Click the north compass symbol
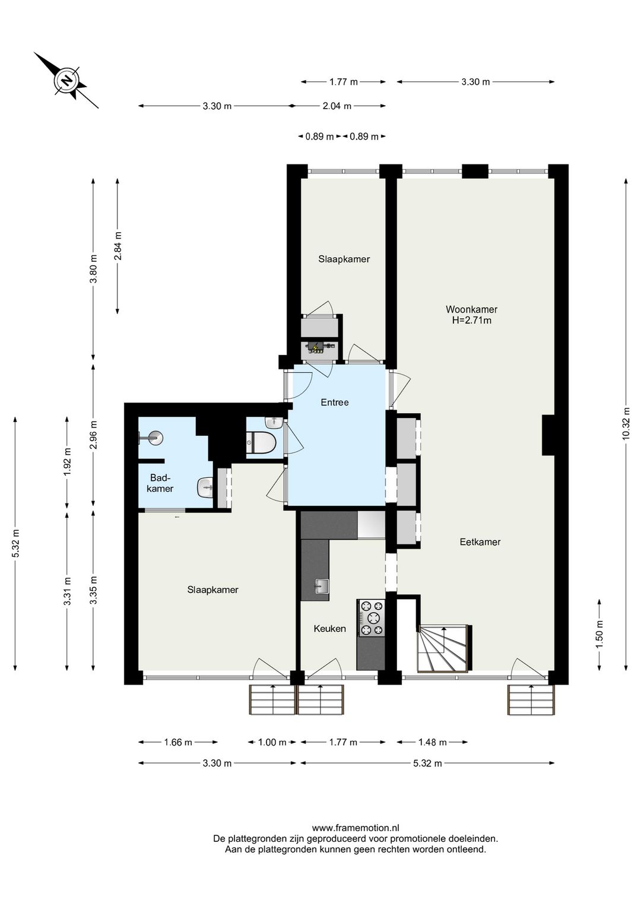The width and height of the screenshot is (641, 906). click(x=66, y=81)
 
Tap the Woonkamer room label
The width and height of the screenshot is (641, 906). click(x=471, y=309)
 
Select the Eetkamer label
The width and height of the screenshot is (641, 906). click(x=480, y=541)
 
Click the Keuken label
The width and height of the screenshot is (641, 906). click(x=329, y=629)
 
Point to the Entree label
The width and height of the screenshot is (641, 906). click(x=335, y=403)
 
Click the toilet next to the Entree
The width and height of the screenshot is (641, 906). click(x=261, y=442)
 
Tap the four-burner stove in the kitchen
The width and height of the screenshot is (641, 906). click(x=372, y=618)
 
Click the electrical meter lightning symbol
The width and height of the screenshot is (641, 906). click(x=316, y=347)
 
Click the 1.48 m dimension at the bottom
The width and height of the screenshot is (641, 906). click(x=432, y=742)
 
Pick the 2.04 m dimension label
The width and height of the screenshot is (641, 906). click(x=337, y=106)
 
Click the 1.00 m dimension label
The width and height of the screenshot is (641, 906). click(x=272, y=742)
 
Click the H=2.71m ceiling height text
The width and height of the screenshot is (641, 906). click(x=471, y=321)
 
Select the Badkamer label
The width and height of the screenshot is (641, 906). click(x=160, y=483)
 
